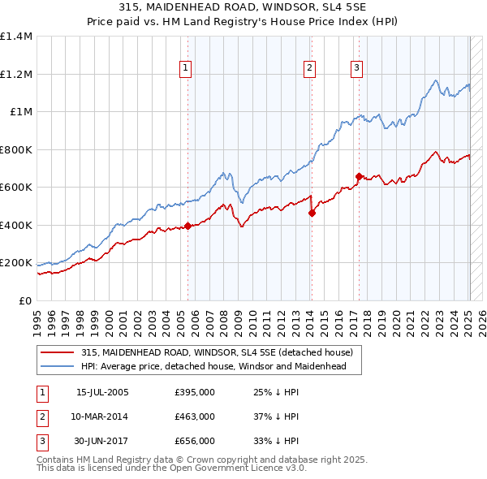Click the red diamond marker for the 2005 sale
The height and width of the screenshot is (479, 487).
pyautogui.click(x=187, y=227)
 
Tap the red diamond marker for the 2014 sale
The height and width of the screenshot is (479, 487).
pyautogui.click(x=312, y=214)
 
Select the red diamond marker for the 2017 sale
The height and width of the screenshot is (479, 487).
pyautogui.click(x=359, y=176)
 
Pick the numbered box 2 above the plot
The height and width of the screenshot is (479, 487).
pyautogui.click(x=310, y=68)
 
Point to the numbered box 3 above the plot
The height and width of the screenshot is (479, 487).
pyautogui.click(x=357, y=68)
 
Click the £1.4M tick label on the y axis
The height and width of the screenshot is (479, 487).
pyautogui.click(x=16, y=37)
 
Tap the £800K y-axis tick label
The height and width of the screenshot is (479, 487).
pyautogui.click(x=16, y=149)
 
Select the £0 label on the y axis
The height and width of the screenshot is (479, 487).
pyautogui.click(x=25, y=300)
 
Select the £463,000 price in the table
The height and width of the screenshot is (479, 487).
pyautogui.click(x=195, y=416)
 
